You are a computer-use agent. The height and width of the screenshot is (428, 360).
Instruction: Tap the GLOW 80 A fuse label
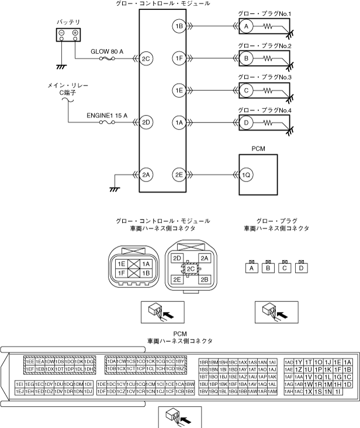106,51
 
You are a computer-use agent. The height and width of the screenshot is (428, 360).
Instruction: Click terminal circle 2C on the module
146,58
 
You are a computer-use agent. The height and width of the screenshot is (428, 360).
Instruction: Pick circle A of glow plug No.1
247,26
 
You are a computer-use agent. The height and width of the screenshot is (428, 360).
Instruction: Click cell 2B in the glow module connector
204,279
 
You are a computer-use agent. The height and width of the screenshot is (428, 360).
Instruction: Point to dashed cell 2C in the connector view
191,269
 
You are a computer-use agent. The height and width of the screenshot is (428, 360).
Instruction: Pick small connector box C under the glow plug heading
285,269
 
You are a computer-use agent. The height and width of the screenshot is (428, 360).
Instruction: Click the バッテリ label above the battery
68,21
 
